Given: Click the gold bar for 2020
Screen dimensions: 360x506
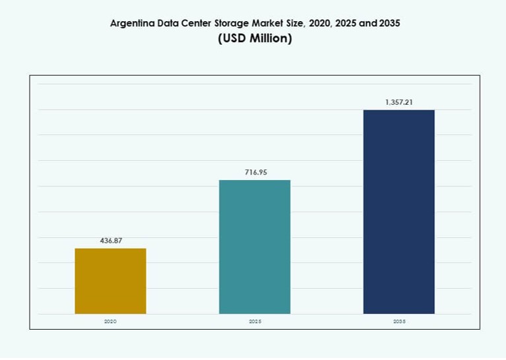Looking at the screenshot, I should [110, 281].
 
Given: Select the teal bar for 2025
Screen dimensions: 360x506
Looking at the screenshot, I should [255, 247].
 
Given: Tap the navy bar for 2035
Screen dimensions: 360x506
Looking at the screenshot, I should [398, 212].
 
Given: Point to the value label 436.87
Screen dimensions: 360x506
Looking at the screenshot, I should [111, 241].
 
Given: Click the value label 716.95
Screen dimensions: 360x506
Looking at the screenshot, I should [255, 172].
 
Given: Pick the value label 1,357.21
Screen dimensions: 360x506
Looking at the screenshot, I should [399, 102].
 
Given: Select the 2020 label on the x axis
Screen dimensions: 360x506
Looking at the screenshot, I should [110, 321].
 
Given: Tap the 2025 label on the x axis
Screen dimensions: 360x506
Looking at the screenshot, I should [255, 321].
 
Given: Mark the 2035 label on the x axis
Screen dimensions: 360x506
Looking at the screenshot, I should [399, 321].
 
